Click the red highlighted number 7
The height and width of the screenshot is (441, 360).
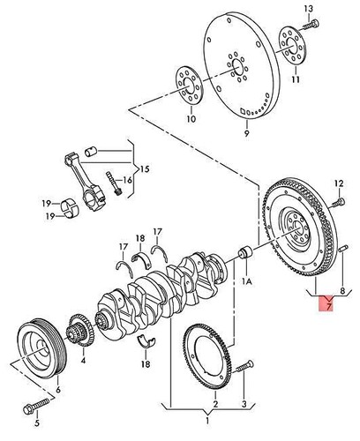[x=327, y=305]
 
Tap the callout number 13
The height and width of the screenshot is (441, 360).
[x=309, y=8]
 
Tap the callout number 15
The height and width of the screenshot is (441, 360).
[x=146, y=168]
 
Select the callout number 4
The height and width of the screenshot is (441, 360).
[x=83, y=359]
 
